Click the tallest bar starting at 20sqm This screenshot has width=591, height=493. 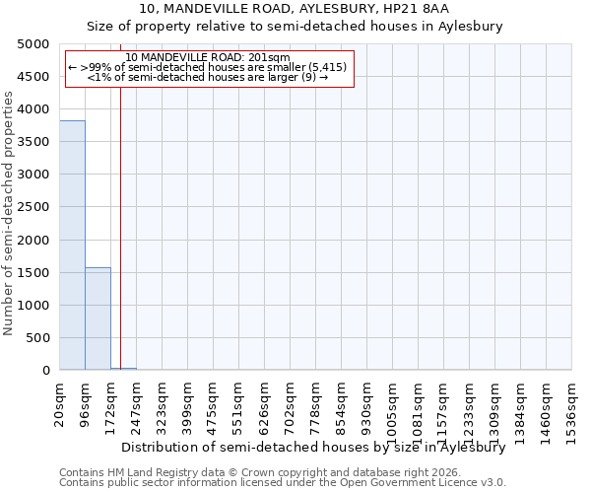[x=72, y=246]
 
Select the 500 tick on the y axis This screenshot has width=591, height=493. [x=39, y=338]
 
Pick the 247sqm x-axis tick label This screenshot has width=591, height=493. [x=137, y=405]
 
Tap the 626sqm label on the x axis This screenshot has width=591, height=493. [x=265, y=405]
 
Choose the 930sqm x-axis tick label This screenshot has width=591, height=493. [x=367, y=405]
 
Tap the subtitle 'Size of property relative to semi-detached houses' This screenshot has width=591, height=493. [x=295, y=27]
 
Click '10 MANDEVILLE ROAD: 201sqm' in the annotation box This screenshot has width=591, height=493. [x=208, y=58]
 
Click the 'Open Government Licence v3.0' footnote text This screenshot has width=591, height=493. [x=416, y=483]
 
